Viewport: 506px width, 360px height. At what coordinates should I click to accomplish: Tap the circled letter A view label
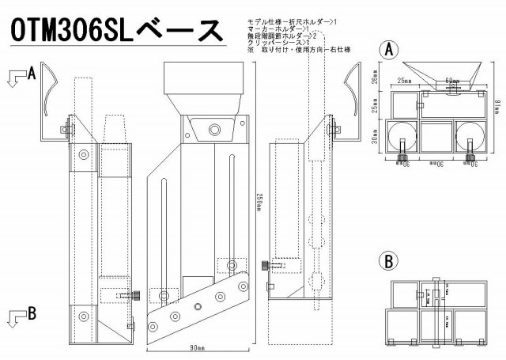388,49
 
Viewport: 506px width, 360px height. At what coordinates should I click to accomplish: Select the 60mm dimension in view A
451,81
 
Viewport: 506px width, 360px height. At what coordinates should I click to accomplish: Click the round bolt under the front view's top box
213,128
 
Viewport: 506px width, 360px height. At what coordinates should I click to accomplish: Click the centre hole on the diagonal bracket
195,305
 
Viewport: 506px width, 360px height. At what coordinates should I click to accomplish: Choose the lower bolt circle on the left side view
83,316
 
